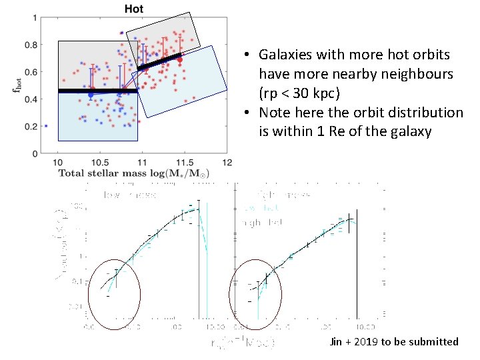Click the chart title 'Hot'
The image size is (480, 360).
point(133,9)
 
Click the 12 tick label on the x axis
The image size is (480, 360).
point(227,163)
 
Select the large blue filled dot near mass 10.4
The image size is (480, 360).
point(91,95)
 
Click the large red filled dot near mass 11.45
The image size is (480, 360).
point(179,60)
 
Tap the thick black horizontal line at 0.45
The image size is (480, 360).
point(97,91)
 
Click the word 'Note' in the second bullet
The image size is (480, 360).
point(275,113)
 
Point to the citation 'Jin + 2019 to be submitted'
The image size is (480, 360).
point(394,341)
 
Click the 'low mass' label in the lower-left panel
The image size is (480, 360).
point(130,195)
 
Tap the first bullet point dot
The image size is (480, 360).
point(246,55)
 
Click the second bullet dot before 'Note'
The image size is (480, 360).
point(246,113)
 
